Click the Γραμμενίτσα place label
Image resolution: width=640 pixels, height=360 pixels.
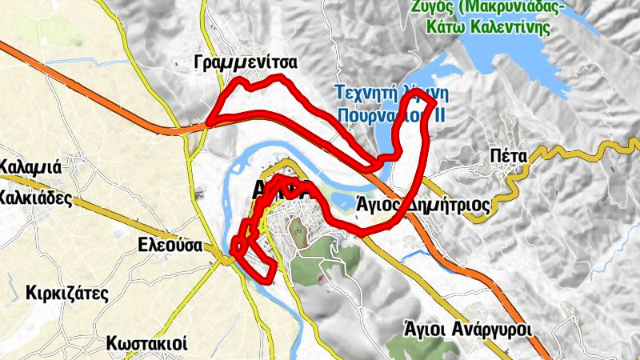[x=246, y=62]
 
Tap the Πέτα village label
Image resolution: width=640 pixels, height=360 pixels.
[x=510, y=156]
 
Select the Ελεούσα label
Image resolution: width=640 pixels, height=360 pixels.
[x=168, y=245]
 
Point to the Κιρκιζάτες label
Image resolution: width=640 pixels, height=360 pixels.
[x=66, y=292]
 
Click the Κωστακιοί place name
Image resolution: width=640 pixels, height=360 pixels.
[x=146, y=344]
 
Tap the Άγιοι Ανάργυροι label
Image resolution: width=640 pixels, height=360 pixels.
[x=467, y=329]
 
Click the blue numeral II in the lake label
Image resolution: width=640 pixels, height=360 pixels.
[x=438, y=116]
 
